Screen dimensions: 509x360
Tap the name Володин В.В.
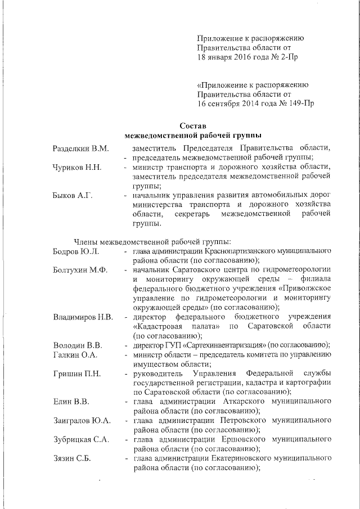pos(77,345)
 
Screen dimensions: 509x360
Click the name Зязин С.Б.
pos(73,459)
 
